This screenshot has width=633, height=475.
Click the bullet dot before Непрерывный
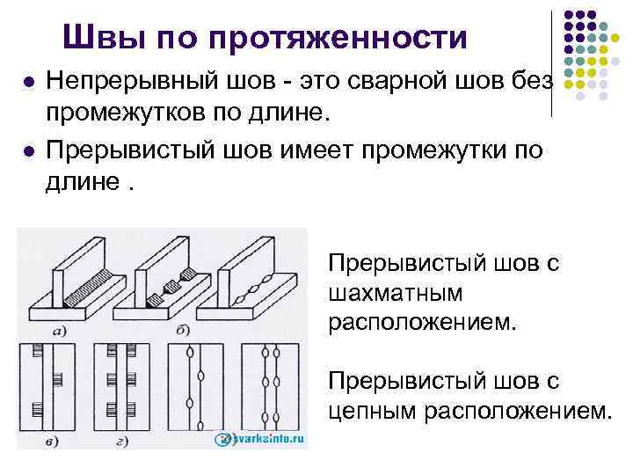click(x=29, y=83)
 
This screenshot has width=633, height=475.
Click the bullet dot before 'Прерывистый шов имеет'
click(x=29, y=151)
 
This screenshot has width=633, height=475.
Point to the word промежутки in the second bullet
click(x=444, y=150)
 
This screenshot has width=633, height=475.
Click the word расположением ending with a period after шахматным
click(x=418, y=321)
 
